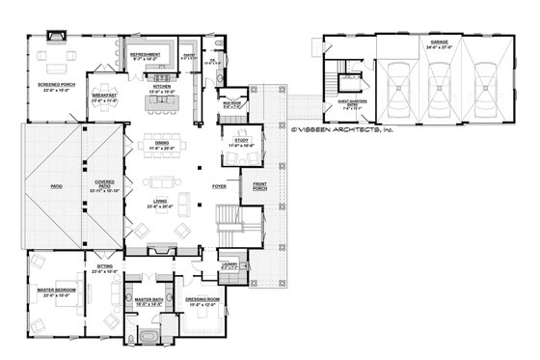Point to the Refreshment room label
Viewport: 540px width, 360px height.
145,57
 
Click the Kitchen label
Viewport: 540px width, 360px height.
160,87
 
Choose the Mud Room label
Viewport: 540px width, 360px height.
231,101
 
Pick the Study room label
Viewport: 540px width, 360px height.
241,143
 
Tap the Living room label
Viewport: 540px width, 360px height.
158,204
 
